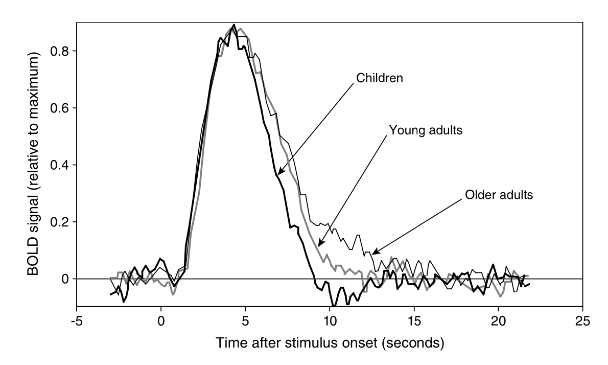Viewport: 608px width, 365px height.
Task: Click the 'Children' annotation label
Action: pos(380,78)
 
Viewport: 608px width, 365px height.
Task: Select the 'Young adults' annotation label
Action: pos(426,130)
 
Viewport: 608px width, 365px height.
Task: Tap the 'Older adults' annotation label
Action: pos(499,194)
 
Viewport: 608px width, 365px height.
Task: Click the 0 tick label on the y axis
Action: pos(65,279)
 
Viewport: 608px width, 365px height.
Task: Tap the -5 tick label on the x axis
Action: pos(77,321)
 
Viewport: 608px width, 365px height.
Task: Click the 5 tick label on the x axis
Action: pos(245,321)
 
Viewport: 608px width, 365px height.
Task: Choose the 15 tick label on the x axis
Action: pos(414,321)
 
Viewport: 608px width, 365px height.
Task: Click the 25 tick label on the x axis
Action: pos(582,321)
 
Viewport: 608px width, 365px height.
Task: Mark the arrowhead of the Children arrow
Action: pos(278,173)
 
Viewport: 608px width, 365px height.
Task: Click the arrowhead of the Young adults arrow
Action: pos(318,245)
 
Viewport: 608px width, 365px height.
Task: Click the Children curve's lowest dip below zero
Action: pos(333,306)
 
